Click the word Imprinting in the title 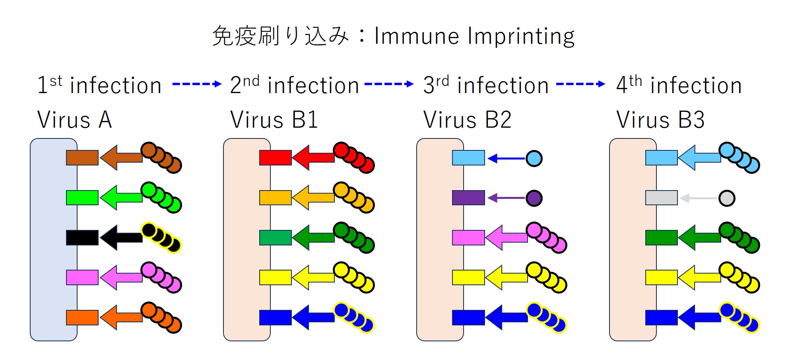coord(521,37)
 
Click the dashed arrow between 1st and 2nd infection coord(196,84)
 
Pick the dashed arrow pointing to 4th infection coord(580,84)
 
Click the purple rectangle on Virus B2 coord(468,198)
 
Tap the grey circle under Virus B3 coord(727,198)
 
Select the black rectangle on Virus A coord(82,237)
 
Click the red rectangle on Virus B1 coord(275,158)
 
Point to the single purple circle coord(534,198)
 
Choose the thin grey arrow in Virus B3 coord(699,198)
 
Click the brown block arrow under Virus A coord(121,158)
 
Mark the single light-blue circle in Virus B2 coord(534,158)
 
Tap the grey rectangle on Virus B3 coord(661,198)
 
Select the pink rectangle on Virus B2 coord(468,237)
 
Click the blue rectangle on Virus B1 coord(275,317)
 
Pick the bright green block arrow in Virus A coord(121,197)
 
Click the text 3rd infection coord(486,85)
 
